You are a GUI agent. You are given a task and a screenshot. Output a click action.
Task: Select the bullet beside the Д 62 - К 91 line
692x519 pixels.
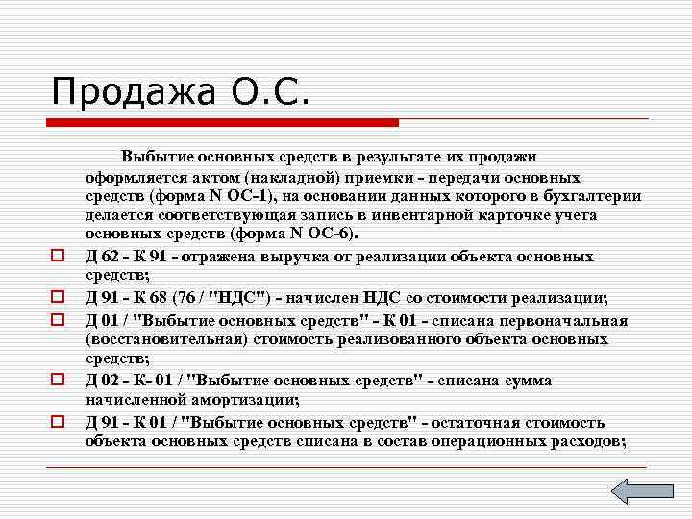point(58,258)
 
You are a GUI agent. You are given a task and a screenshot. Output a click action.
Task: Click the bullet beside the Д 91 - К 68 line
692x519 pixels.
point(58,298)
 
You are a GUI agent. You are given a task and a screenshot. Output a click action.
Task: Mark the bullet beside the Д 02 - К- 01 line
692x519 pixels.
point(58,381)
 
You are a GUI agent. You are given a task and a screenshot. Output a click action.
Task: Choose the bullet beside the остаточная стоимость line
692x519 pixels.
point(58,422)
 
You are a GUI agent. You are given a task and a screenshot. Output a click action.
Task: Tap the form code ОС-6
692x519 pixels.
point(333,234)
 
